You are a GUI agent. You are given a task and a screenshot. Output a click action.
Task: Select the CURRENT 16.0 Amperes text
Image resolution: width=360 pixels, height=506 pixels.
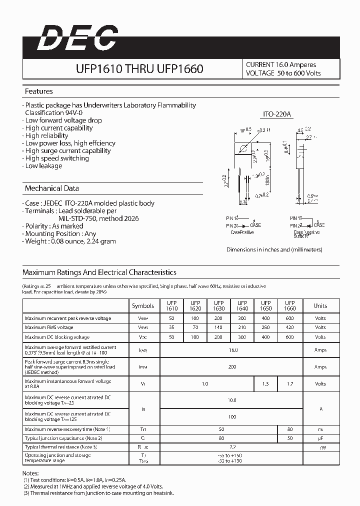[280, 64]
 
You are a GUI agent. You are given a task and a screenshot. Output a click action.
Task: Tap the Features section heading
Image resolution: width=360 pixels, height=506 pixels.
[39, 91]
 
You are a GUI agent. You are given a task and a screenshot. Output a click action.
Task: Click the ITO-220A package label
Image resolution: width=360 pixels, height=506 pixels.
[277, 115]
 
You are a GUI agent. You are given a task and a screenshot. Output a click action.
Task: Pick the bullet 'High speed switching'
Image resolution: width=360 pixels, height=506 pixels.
[56, 158]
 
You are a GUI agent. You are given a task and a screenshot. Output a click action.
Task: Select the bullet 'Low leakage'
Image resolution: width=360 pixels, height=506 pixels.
[43, 166]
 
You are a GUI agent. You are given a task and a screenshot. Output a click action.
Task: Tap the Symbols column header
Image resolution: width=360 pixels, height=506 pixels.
[143, 305]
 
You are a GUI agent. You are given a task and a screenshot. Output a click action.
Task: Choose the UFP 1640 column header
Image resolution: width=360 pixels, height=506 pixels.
[242, 305]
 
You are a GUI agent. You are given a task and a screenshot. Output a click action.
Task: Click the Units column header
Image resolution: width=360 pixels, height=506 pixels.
[320, 305]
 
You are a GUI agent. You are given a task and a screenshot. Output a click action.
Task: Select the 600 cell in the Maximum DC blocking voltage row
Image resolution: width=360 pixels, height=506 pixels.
[289, 337]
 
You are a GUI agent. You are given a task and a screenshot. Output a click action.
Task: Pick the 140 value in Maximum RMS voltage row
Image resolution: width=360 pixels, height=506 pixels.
[218, 327]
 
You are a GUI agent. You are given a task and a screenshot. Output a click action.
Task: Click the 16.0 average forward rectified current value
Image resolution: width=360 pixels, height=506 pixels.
[232, 350]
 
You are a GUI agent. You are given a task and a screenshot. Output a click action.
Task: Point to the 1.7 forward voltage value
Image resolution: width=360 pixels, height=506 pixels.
[289, 383]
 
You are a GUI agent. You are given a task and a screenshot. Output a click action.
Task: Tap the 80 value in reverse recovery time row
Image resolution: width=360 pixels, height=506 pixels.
[289, 429]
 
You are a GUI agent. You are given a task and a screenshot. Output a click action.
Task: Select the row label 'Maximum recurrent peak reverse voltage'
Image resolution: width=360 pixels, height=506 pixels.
[68, 318]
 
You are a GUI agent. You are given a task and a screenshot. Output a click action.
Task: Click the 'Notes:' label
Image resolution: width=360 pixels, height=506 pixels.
[31, 473]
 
